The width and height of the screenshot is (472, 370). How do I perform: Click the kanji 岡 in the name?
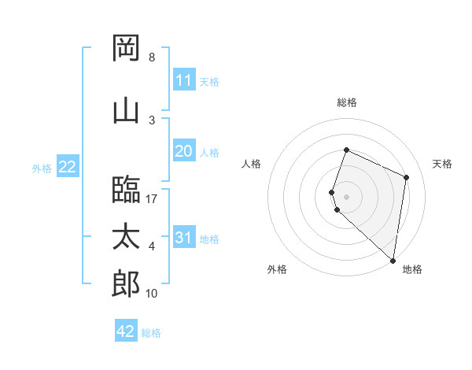pyautogui.click(x=126, y=48)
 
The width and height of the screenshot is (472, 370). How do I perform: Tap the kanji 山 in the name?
pyautogui.click(x=126, y=110)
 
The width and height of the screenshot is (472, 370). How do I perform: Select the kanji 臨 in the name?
pyautogui.click(x=126, y=189)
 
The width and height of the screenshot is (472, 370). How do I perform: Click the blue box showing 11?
pyautogui.click(x=183, y=80)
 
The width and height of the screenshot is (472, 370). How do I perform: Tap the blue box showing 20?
pyautogui.click(x=183, y=151)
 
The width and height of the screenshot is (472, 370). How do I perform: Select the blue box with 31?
pyautogui.click(x=183, y=238)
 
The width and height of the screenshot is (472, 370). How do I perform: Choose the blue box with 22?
pyautogui.click(x=67, y=167)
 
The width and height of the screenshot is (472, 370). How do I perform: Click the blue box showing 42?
pyautogui.click(x=126, y=331)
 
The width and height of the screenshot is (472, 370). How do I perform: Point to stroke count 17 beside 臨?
pyautogui.click(x=152, y=199)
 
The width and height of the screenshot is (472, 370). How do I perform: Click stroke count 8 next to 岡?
pyautogui.click(x=152, y=57)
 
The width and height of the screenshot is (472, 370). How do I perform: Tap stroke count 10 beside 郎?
pyautogui.click(x=152, y=294)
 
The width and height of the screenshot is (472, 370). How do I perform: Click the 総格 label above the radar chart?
pyautogui.click(x=347, y=102)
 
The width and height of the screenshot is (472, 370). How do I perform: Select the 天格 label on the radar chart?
pyautogui.click(x=443, y=164)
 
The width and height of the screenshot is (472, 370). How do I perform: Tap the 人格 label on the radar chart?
pyautogui.click(x=251, y=164)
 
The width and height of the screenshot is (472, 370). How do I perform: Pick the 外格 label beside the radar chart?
pyautogui.click(x=277, y=269)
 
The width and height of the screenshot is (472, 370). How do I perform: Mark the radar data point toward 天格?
pyautogui.click(x=407, y=177)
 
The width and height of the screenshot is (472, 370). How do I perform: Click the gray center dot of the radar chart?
pyautogui.click(x=347, y=196)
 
